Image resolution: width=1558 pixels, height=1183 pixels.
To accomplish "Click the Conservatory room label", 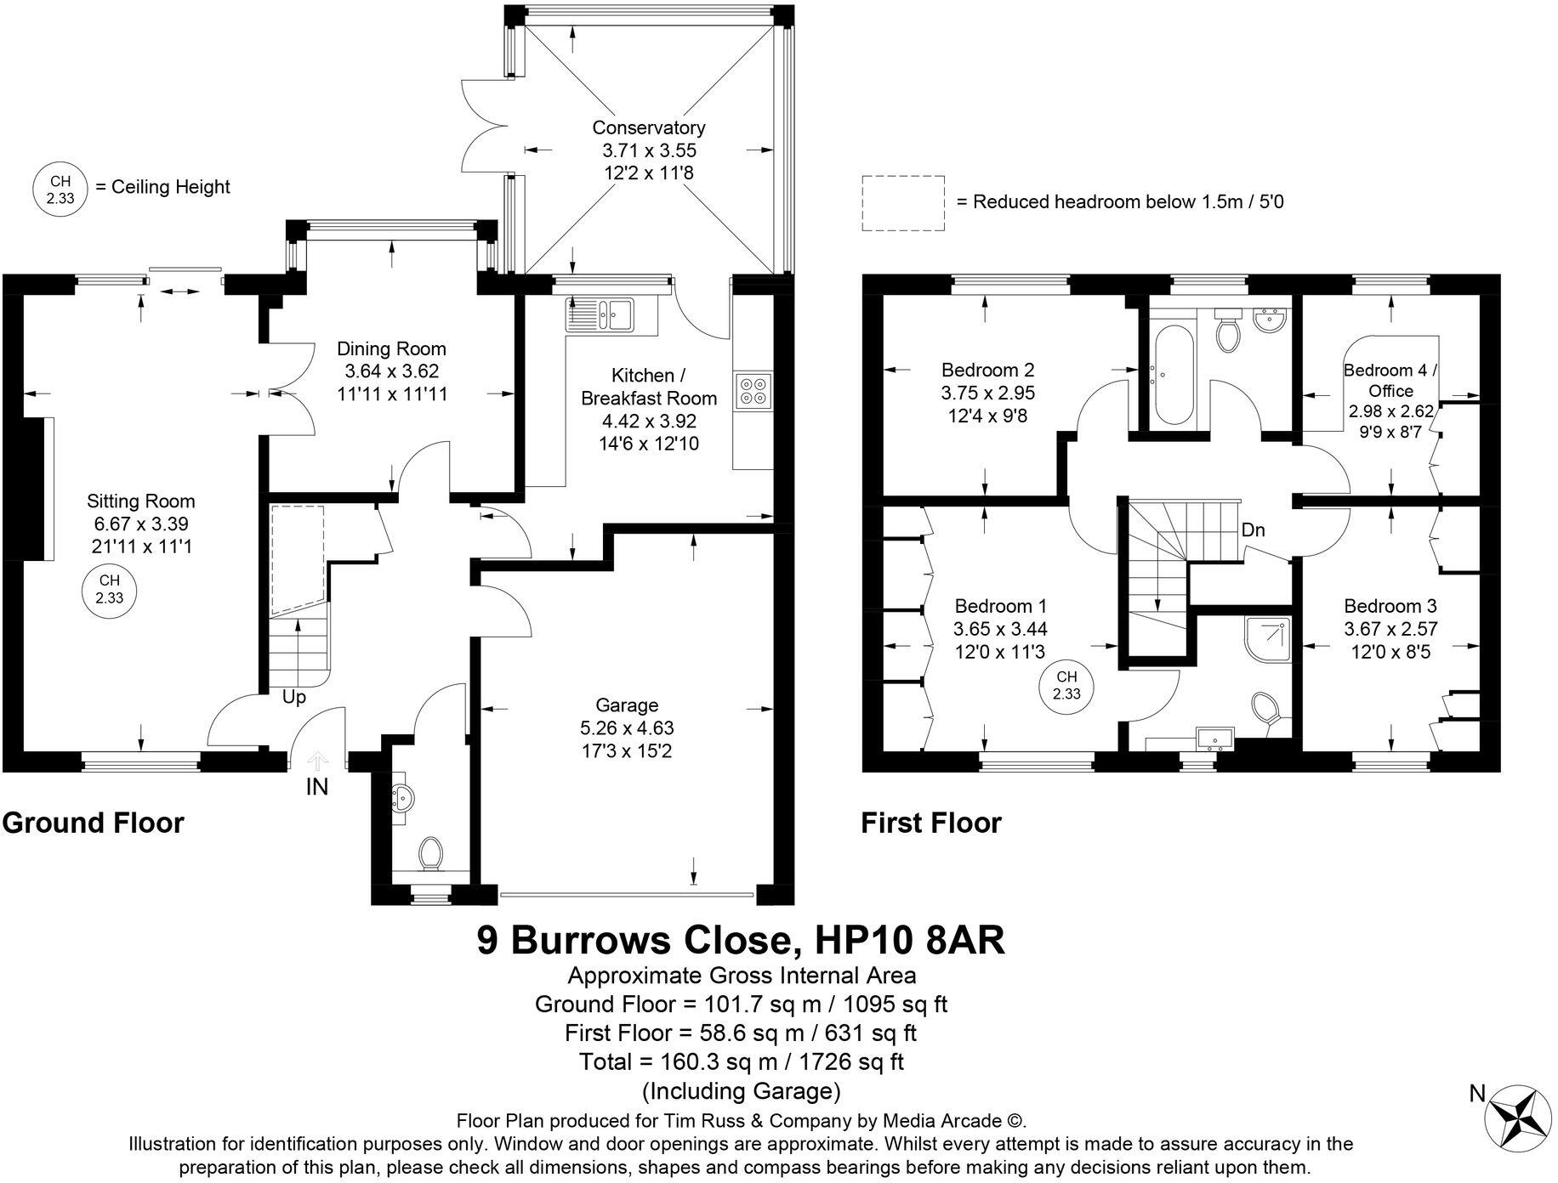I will (x=648, y=127).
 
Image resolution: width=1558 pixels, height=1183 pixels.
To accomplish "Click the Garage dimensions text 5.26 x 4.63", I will (x=627, y=728).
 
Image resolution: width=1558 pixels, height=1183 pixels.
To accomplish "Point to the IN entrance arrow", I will (x=317, y=761).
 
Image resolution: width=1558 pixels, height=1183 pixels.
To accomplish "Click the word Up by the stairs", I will (x=293, y=697).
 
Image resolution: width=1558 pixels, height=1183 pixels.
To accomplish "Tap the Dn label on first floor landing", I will (x=1253, y=530).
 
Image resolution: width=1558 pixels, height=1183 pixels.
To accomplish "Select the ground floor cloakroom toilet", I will (x=431, y=852).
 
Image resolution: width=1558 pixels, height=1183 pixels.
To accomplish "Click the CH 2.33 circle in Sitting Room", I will (x=109, y=589).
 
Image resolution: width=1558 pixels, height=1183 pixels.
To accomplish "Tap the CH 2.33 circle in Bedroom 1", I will (x=1066, y=685).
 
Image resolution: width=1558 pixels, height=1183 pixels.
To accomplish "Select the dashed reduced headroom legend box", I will (x=902, y=202).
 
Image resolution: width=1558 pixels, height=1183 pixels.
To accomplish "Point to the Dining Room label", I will (x=391, y=348).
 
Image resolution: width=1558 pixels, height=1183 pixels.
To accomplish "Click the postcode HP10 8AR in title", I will (x=909, y=940).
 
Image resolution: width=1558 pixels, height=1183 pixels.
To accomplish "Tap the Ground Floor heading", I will (x=93, y=823).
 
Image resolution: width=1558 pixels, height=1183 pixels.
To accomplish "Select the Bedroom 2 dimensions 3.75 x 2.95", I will (x=987, y=393).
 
